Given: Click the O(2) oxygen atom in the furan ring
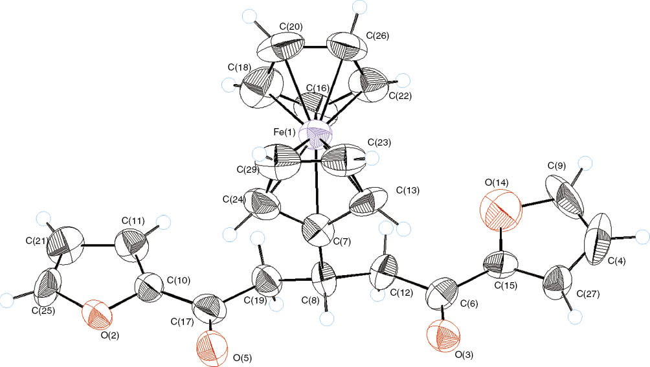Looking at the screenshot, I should (x=97, y=317).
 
